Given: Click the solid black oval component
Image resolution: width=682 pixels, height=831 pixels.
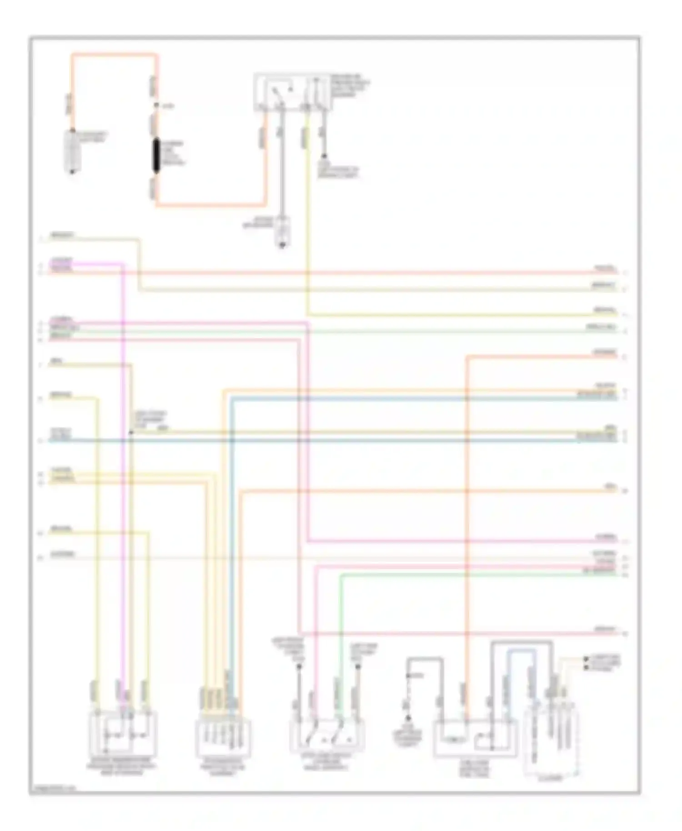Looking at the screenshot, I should (x=156, y=157).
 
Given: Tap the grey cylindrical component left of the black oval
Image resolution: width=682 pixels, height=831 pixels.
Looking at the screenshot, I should (x=73, y=152).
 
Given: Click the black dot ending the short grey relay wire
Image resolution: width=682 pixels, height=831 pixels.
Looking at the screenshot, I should (x=324, y=156).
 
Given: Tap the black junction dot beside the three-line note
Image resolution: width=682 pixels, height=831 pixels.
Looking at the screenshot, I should (x=130, y=432).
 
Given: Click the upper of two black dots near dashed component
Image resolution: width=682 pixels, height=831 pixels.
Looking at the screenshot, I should (x=587, y=659).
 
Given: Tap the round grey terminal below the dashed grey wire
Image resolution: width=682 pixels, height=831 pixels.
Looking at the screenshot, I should (x=408, y=719).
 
